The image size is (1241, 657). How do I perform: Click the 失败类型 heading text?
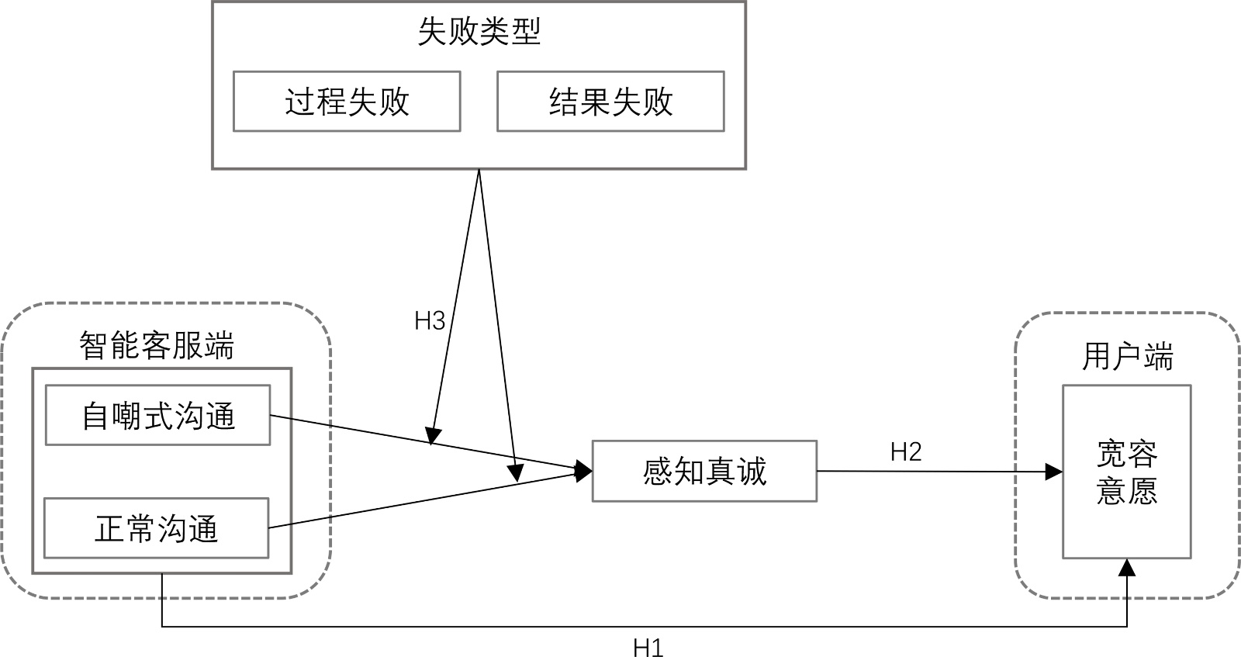[x=479, y=32]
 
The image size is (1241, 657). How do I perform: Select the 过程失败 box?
[x=347, y=102]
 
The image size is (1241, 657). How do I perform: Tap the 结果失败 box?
[x=610, y=102]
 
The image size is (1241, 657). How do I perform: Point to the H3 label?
[x=430, y=320]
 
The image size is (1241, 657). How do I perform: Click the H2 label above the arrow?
[x=905, y=451]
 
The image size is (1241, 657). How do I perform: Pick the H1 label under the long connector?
[x=648, y=647]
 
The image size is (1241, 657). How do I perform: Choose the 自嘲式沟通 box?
[x=158, y=417]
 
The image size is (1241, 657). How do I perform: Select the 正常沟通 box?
[x=157, y=528]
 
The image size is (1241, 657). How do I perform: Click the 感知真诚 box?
[x=704, y=471]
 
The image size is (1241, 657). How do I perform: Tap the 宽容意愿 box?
[x=1126, y=472]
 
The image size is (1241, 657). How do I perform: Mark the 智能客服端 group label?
[x=157, y=346]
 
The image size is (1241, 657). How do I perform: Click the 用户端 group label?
[x=1127, y=357]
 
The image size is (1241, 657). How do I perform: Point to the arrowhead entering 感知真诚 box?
[x=583, y=470]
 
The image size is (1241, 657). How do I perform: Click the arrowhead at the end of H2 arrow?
[x=1054, y=471]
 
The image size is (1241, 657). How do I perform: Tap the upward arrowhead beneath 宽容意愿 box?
[x=1127, y=567]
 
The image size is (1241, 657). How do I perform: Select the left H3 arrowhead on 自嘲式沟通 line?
[x=432, y=436]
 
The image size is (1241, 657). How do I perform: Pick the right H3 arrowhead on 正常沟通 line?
[x=515, y=472]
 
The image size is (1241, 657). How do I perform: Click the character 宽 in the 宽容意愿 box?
[x=1111, y=455]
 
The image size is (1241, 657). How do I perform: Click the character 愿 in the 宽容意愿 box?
[x=1142, y=490]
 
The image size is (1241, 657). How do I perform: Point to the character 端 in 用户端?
[x=1158, y=357]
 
